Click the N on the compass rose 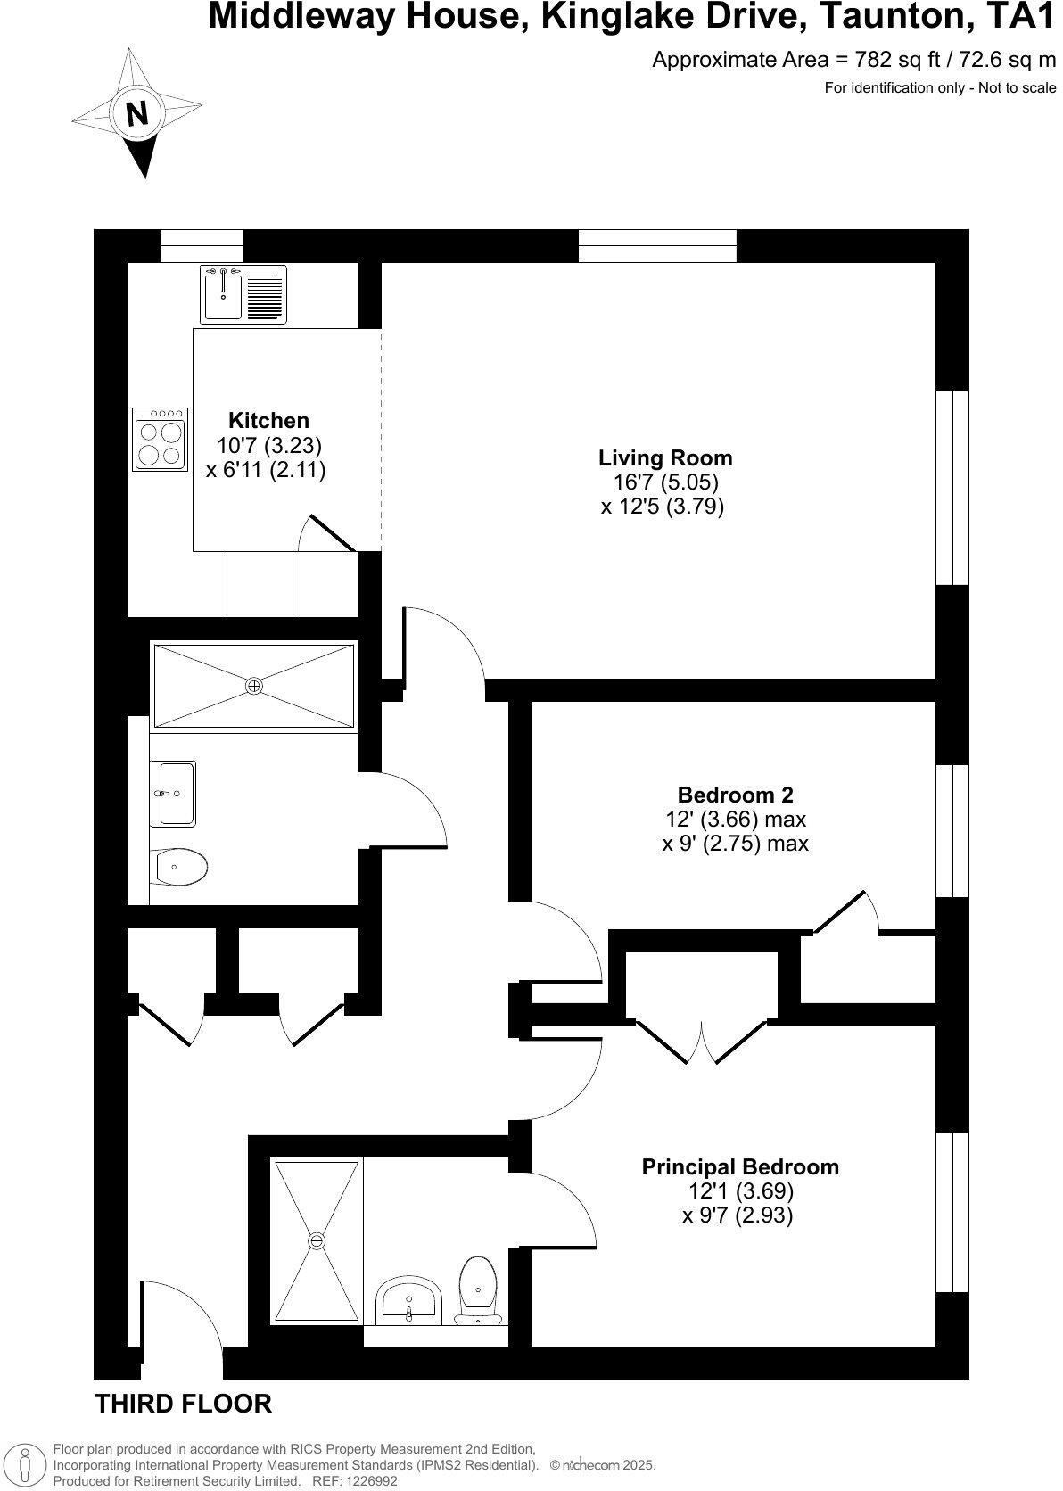coord(136,113)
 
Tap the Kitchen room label coord(268,420)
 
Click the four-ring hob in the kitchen coord(161,439)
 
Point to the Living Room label coord(664,458)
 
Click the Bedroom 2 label coord(735,795)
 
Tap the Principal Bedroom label coord(739,1166)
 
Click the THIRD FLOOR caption coord(183,1404)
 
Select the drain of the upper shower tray coord(254,686)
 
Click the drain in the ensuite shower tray coord(317,1240)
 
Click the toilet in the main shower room coord(179,865)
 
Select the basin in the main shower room coord(177,793)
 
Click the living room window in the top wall coord(657,245)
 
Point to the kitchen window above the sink coord(201,245)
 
